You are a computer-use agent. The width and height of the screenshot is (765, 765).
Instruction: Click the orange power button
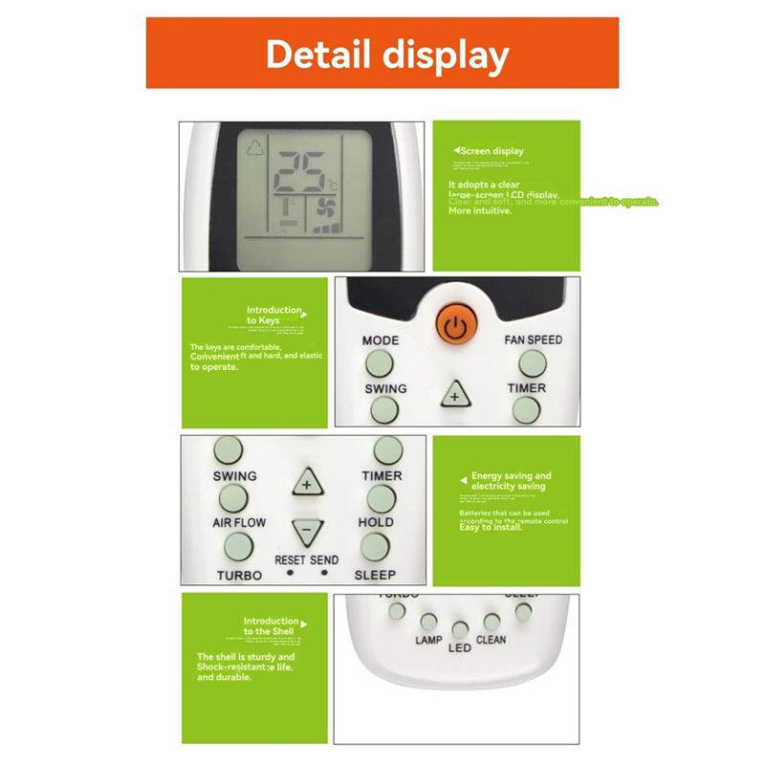click(457, 324)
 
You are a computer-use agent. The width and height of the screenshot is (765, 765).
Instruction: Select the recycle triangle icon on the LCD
click(255, 148)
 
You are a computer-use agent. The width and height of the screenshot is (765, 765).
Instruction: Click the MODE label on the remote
click(381, 340)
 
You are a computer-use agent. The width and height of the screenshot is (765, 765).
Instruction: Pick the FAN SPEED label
click(533, 339)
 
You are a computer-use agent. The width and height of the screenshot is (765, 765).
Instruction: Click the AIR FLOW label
click(239, 523)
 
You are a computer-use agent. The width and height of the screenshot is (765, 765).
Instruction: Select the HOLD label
click(376, 523)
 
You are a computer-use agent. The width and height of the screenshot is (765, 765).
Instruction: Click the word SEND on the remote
click(324, 558)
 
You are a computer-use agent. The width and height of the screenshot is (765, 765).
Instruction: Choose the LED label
click(460, 647)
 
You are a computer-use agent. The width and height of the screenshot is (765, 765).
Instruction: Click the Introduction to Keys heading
click(275, 316)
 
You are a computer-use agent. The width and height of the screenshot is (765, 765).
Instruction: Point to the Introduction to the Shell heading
click(272, 626)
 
